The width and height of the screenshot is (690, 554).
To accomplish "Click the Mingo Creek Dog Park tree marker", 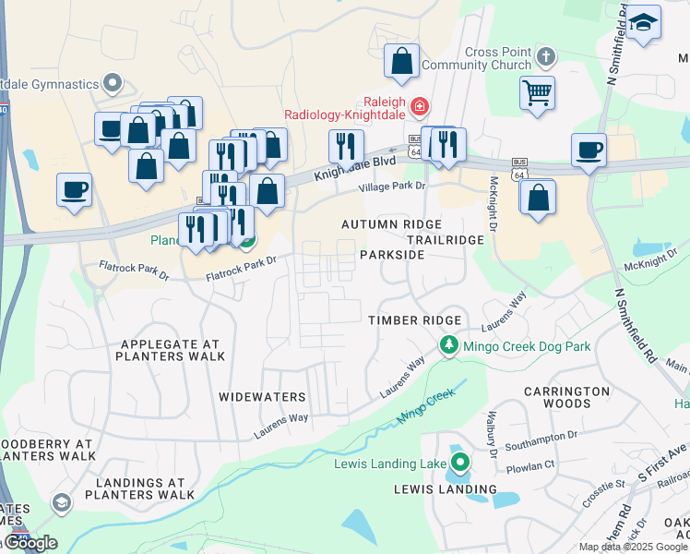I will click(x=448, y=346).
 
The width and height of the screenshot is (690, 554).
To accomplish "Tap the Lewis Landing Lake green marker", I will click(x=459, y=463).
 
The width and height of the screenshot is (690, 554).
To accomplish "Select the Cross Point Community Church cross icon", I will click(x=545, y=57).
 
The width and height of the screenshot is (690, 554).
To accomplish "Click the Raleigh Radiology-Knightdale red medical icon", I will click(x=420, y=107).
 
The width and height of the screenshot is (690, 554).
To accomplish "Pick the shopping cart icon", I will click(x=537, y=92).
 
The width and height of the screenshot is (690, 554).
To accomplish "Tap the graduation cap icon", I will click(x=645, y=21).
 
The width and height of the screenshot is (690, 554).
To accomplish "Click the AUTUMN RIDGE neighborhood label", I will click(x=391, y=224).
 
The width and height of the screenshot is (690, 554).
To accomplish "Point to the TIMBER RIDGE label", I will click(x=415, y=319).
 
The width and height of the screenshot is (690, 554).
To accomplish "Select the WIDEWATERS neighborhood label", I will click(x=262, y=397).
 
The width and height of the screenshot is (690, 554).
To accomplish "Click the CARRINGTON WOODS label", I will click(x=567, y=397).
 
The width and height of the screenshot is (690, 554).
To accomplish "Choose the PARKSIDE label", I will click(x=392, y=254).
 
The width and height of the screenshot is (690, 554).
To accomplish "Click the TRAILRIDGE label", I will click(x=446, y=239).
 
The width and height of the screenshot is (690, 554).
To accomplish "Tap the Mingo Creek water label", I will click(x=426, y=406).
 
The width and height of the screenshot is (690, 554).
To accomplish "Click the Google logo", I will click(x=30, y=543).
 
